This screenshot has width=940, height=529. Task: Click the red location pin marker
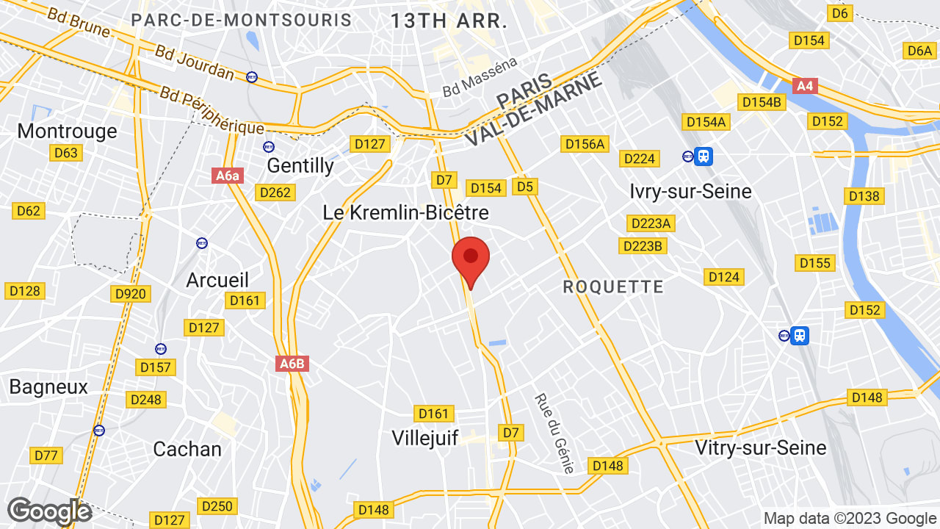pyautogui.click(x=471, y=259)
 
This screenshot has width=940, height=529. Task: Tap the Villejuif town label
pyautogui.click(x=425, y=438)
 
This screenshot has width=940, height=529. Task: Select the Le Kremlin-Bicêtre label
pyautogui.click(x=406, y=212)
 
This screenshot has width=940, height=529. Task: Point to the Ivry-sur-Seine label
pyautogui.click(x=690, y=191)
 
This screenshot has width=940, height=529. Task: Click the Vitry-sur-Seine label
pyautogui.click(x=760, y=447)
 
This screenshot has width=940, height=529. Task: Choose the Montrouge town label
pyautogui.click(x=67, y=131)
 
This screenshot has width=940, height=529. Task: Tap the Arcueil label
pyautogui.click(x=217, y=280)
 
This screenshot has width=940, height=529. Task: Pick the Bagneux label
pyautogui.click(x=48, y=386)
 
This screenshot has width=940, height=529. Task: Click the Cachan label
pyautogui.click(x=187, y=449)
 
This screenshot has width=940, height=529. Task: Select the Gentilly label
pyautogui.click(x=300, y=165)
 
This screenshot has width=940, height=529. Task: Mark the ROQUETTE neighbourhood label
pyautogui.click(x=613, y=287)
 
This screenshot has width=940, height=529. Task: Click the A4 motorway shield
pyautogui.click(x=806, y=86)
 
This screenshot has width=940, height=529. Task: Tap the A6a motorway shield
pyautogui.click(x=228, y=176)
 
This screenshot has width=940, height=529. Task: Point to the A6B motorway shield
pyautogui.click(x=292, y=363)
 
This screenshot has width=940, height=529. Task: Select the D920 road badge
pyautogui.click(x=131, y=294)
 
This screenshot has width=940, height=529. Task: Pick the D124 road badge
pyautogui.click(x=724, y=277)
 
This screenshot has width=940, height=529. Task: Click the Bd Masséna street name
pyautogui.click(x=480, y=79)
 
